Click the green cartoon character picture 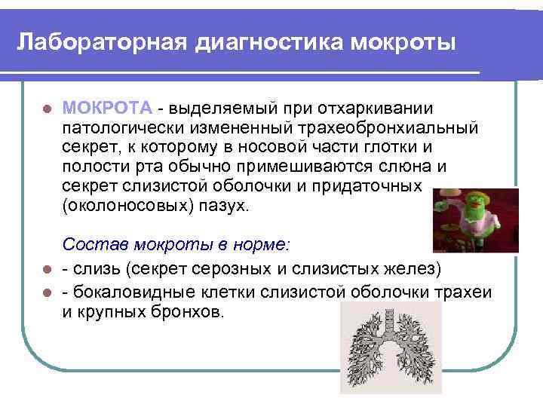coord(475,218)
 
